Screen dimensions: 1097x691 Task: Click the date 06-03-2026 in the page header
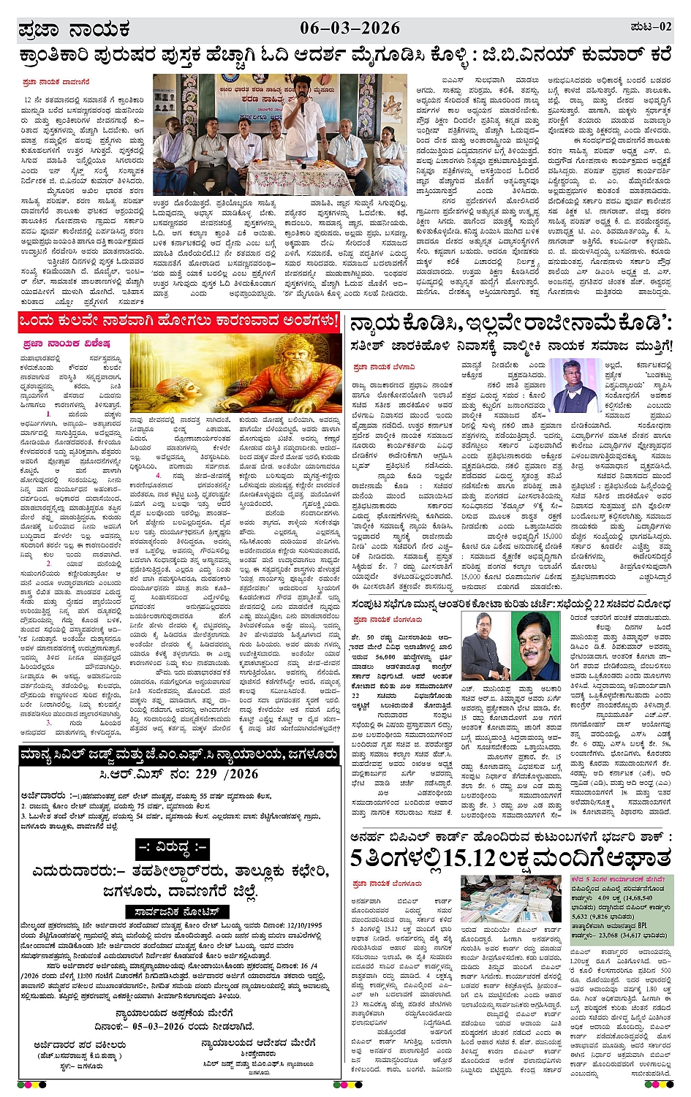350,29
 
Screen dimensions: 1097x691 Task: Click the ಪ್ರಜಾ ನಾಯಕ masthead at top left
74,30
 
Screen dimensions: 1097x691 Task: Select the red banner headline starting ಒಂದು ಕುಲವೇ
179,322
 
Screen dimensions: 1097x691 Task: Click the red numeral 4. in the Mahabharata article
158,475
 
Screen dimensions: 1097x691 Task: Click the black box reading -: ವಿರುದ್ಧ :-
173,849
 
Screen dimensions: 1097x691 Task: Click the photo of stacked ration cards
511,900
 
